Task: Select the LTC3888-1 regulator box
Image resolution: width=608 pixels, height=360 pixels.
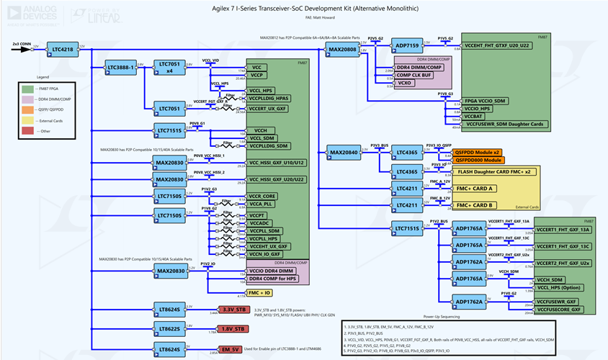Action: (x=120, y=68)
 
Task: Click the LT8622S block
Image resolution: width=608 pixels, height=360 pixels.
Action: (x=168, y=329)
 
